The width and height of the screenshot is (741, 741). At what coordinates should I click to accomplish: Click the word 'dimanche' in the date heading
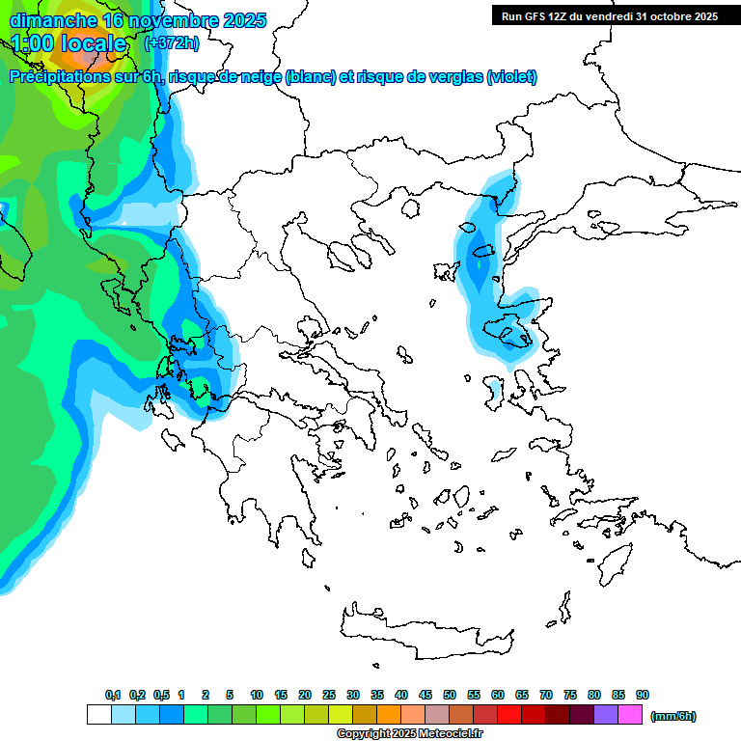pyautogui.click(x=52, y=20)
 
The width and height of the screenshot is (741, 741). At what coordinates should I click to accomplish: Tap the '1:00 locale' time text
pyautogui.click(x=70, y=43)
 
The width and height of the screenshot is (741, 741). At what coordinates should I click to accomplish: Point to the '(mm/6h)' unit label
pyautogui.click(x=672, y=716)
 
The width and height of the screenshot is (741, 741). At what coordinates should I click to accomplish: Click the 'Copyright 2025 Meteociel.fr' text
pyautogui.click(x=409, y=734)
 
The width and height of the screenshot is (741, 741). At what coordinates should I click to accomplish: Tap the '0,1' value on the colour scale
pyautogui.click(x=113, y=695)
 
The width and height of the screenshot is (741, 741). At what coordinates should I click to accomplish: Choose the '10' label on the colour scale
pyautogui.click(x=257, y=695)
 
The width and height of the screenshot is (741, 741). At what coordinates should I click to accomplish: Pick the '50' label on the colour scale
pyautogui.click(x=450, y=695)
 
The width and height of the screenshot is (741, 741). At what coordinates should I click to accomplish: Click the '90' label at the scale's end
pyautogui.click(x=643, y=695)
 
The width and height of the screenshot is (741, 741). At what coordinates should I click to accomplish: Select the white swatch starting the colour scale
pyautogui.click(x=98, y=715)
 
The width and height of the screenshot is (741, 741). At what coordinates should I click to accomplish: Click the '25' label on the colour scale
pyautogui.click(x=329, y=695)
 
